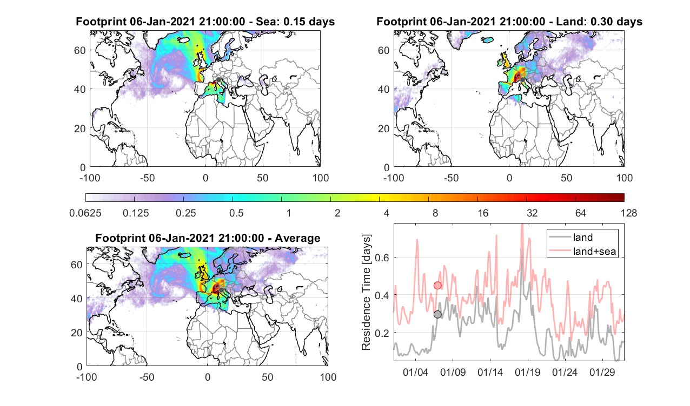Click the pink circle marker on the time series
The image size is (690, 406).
point(437,286)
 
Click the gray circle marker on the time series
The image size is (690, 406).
point(437,314)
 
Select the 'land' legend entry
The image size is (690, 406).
point(583,237)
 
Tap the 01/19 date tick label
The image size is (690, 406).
point(527,372)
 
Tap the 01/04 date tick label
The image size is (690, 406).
point(415,372)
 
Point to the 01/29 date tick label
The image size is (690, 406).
point(602,372)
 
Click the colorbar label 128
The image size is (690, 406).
point(629,213)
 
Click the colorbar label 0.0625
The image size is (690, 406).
point(85,213)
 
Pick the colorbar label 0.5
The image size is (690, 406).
point(236,213)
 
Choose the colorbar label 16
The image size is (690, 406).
point(483,213)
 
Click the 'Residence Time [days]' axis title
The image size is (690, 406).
point(366,293)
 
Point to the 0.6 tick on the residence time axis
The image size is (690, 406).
point(382,258)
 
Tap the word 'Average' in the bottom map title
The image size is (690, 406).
point(297,238)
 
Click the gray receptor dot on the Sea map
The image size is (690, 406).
point(218,80)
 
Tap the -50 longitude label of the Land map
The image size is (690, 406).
point(452,178)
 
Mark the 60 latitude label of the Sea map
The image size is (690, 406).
point(80,50)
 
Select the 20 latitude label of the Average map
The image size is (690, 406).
point(77,333)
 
